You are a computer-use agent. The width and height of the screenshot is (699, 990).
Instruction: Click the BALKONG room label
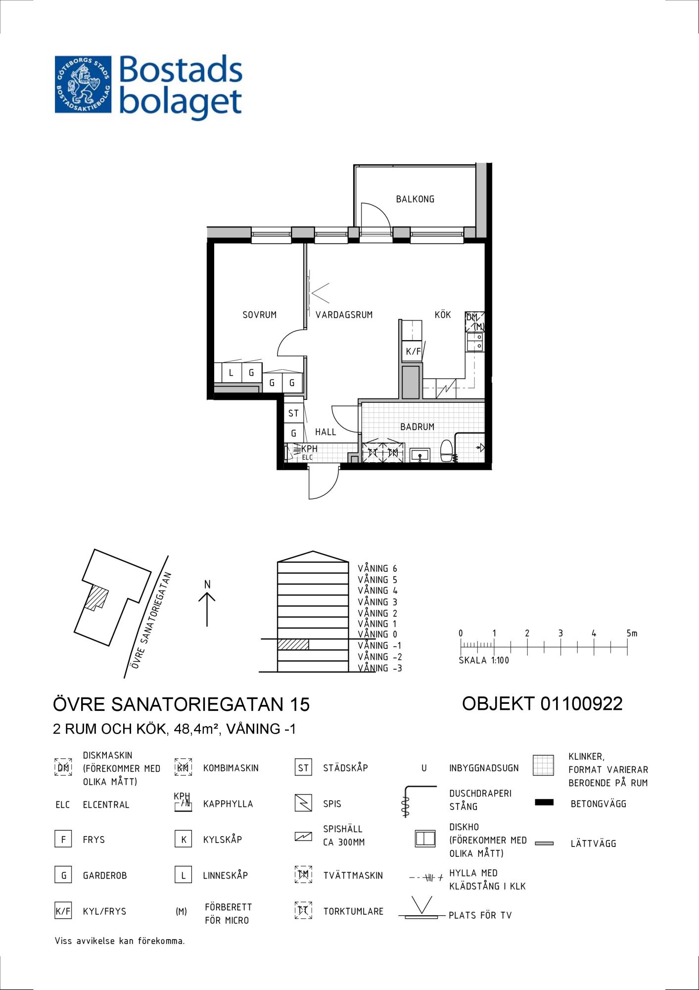[x=415, y=199]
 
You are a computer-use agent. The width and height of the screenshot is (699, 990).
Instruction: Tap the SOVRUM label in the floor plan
[x=259, y=315]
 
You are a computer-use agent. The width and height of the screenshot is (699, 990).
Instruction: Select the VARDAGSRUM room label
[x=344, y=315]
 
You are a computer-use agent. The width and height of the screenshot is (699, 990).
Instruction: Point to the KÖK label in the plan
[x=443, y=314]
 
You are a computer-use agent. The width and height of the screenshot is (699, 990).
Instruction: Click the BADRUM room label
[x=417, y=427]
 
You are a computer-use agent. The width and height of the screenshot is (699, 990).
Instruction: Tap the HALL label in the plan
[x=326, y=432]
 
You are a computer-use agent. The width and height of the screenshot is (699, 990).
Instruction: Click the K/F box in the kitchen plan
[x=413, y=352]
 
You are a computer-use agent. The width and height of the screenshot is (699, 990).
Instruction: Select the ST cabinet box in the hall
[x=293, y=413]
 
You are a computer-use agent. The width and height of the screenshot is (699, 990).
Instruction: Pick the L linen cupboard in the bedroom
[x=231, y=373]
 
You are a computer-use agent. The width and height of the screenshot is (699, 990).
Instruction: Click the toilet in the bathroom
[x=446, y=450]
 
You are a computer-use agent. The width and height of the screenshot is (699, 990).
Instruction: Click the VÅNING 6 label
[x=377, y=569]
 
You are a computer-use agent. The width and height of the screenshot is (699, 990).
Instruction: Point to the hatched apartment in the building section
[x=293, y=644]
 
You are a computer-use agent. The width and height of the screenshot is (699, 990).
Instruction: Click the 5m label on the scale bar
[x=632, y=633]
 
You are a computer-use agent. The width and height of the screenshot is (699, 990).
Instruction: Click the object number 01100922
[x=581, y=703]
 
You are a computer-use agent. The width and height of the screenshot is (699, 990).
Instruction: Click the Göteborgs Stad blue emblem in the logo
[x=83, y=84]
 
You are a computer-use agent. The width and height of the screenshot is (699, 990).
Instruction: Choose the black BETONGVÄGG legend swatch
[x=544, y=802]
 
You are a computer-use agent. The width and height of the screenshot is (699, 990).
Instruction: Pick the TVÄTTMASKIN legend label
[x=353, y=875]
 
